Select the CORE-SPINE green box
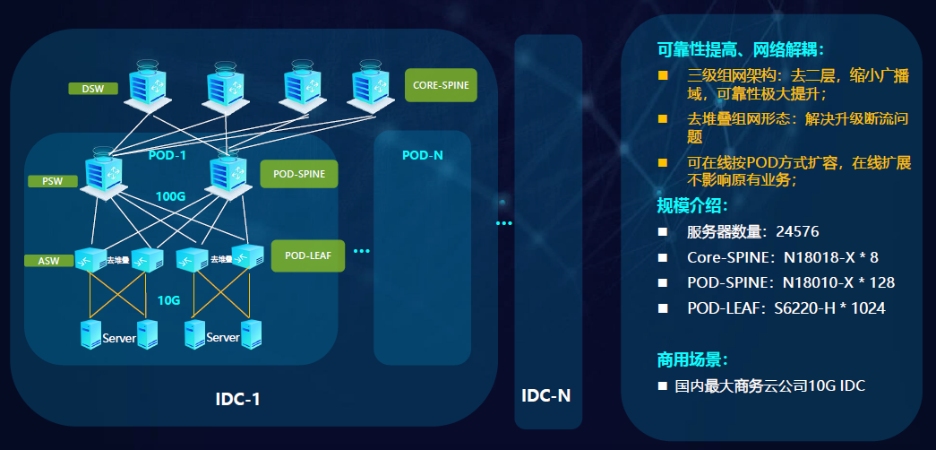click(x=440, y=86)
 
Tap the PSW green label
click(x=53, y=181)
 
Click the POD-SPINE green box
click(x=298, y=174)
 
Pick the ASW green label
click(x=48, y=261)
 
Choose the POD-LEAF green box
click(x=308, y=255)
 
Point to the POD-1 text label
click(x=167, y=155)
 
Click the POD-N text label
click(x=422, y=155)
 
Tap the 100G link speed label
click(x=170, y=196)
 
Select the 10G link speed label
click(x=169, y=300)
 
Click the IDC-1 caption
click(x=238, y=399)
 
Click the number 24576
click(x=798, y=232)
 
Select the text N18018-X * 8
click(x=830, y=257)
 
